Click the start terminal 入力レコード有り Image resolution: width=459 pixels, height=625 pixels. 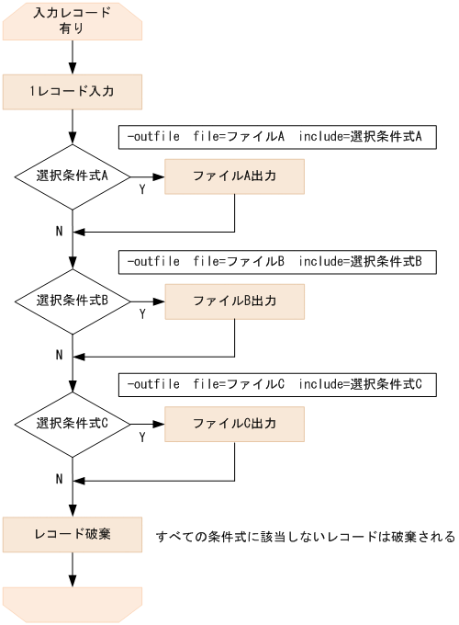[x=73, y=21]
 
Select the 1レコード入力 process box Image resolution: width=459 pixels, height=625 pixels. [x=73, y=92]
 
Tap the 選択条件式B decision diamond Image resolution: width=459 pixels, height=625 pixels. [x=73, y=301]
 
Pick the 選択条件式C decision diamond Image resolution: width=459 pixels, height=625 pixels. [x=73, y=424]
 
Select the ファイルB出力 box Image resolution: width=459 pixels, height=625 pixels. [x=234, y=301]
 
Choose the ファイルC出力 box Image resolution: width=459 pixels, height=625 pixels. [x=234, y=424]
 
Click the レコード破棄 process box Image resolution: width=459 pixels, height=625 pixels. [x=73, y=534]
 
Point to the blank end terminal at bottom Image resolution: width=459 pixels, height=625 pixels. [x=73, y=604]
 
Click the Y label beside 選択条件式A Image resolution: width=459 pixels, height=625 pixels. [x=141, y=189]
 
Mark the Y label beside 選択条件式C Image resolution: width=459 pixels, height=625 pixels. [x=141, y=437]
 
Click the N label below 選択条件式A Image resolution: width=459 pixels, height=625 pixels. [x=59, y=231]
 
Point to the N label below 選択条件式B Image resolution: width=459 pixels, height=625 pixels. [x=59, y=355]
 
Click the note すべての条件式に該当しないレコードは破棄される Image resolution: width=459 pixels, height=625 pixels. [x=305, y=537]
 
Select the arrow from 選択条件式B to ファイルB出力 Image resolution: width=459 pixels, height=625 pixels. [x=147, y=301]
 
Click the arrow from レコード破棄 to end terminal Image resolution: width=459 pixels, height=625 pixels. [x=73, y=569]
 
